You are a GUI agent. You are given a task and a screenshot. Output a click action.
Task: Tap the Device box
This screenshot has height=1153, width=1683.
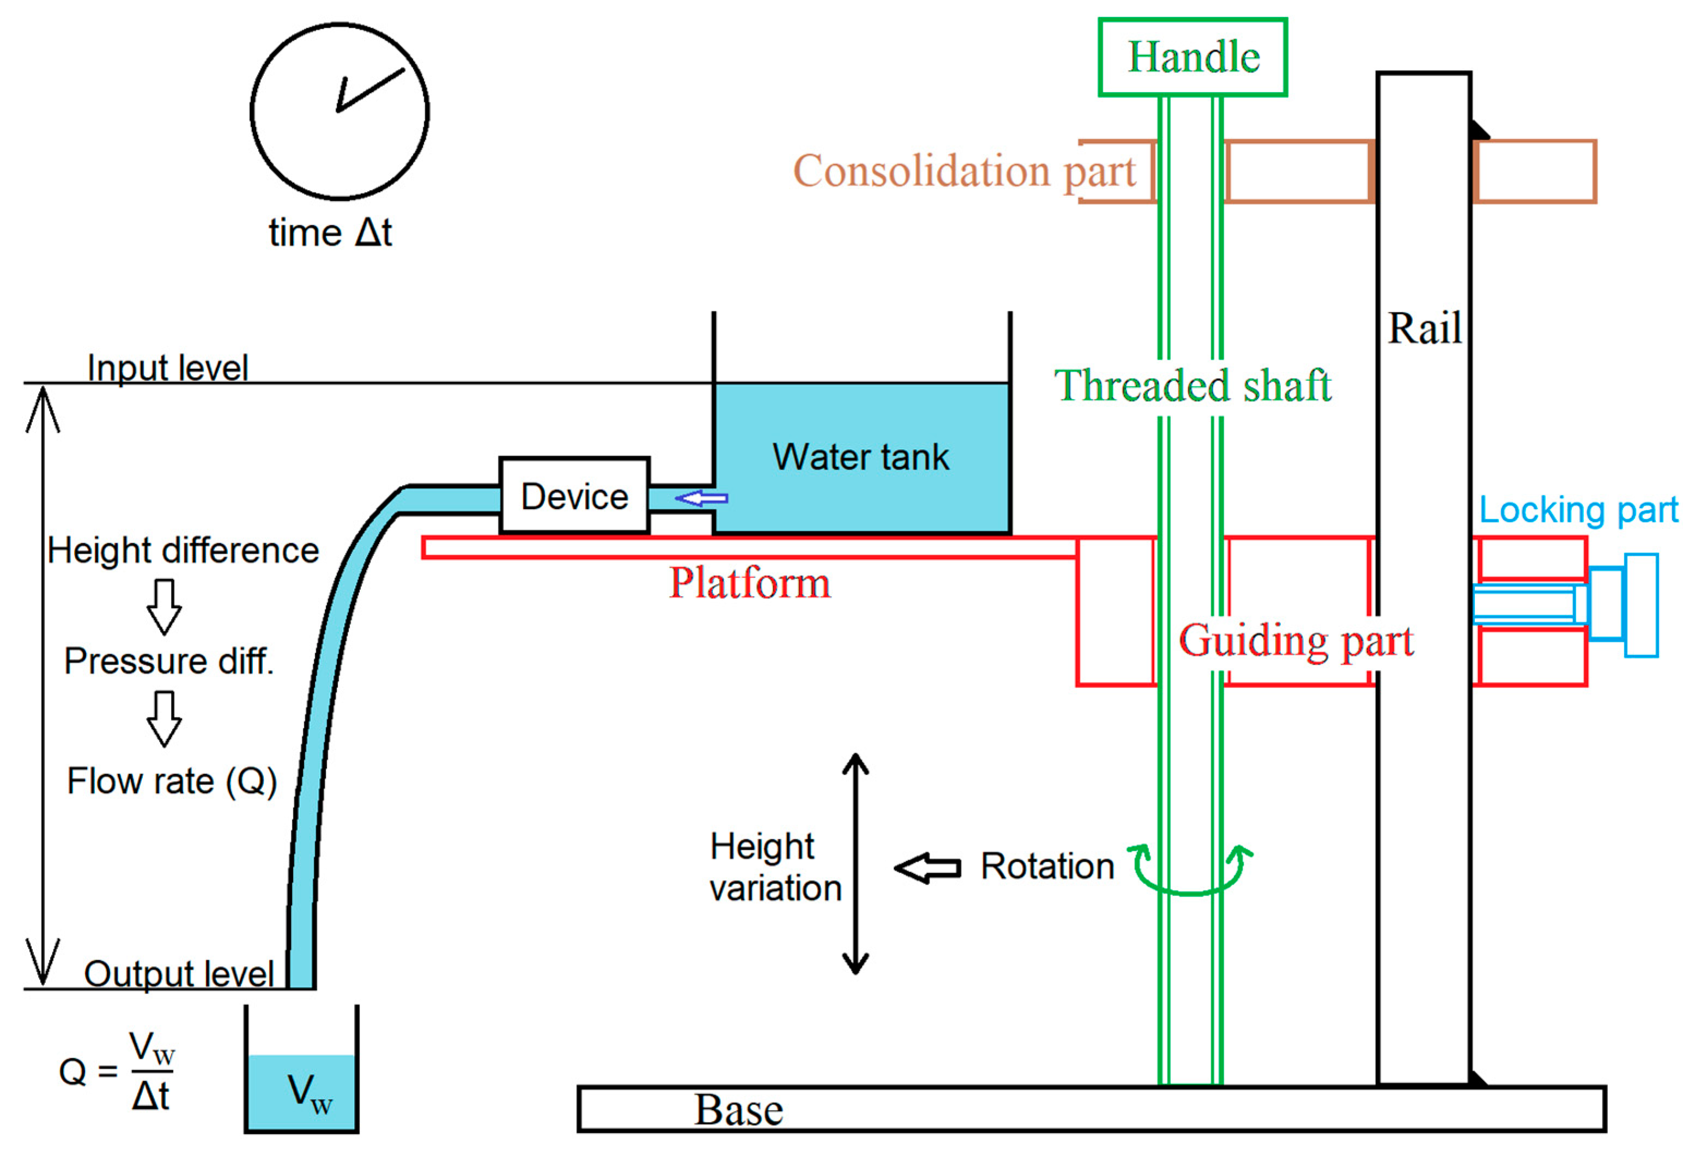point(574,496)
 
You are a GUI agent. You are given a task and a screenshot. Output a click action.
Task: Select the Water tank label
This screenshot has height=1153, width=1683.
point(860,457)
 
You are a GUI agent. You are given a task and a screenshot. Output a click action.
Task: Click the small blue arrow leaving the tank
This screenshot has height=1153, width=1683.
point(701,498)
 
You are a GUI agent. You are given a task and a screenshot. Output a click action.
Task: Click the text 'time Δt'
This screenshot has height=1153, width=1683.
point(330,233)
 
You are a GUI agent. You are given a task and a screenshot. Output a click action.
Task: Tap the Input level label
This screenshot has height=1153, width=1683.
point(167,367)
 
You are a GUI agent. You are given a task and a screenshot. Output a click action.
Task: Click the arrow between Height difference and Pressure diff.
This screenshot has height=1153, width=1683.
point(165,606)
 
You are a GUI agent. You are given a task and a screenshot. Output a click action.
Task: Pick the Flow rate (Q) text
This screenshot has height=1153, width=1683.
point(172,782)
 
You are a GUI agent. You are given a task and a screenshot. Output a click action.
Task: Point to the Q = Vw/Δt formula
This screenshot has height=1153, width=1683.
point(117,1071)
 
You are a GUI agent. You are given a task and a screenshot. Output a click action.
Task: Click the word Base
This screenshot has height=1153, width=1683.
point(739,1109)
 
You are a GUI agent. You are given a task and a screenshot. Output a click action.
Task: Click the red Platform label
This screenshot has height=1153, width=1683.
point(750,582)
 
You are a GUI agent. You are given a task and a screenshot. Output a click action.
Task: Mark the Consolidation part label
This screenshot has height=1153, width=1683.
point(964,171)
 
